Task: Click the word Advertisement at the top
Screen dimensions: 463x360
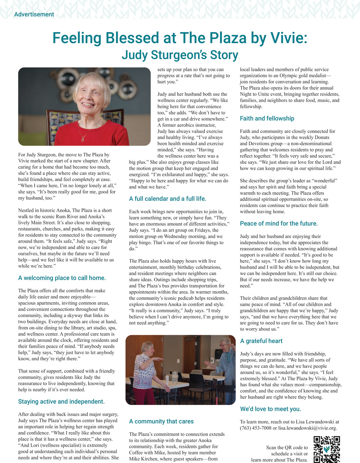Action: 34,14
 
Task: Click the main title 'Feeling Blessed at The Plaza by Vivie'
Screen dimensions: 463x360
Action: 180,38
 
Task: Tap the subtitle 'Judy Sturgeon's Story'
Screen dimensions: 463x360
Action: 180,55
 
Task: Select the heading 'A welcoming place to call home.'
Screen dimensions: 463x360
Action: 62,278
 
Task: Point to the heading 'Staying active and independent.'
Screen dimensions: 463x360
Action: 61,401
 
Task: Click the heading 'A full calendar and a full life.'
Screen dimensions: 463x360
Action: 167,199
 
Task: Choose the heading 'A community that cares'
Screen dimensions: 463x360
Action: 161,421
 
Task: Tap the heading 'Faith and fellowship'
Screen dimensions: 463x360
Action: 267,118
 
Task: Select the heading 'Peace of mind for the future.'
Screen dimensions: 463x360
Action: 279,223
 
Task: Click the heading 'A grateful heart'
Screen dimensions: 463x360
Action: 261,341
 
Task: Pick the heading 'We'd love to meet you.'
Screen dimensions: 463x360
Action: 270,409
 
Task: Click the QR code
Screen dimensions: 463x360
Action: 327,449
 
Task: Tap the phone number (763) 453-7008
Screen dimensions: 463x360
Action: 256,428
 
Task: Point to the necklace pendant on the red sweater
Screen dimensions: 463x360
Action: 83,139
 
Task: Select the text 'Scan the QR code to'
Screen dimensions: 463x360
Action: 287,448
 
